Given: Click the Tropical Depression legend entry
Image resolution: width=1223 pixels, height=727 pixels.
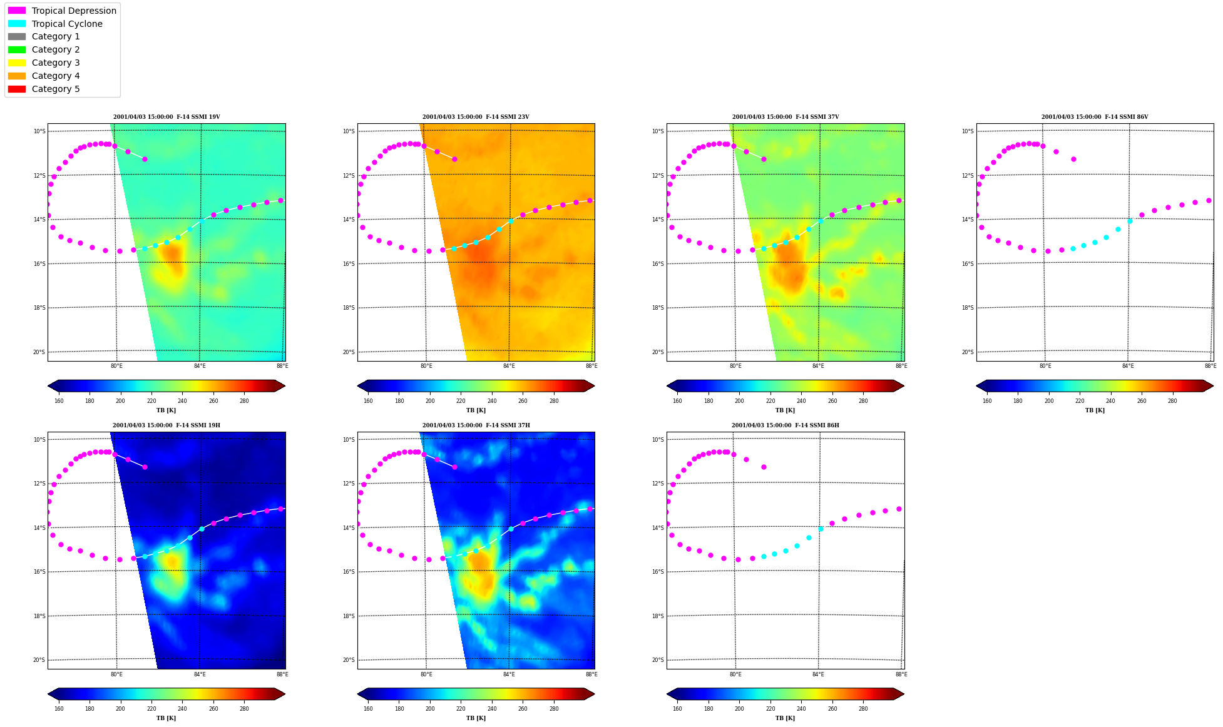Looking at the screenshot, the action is [62, 11].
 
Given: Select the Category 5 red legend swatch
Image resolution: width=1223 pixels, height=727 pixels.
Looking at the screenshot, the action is [17, 89].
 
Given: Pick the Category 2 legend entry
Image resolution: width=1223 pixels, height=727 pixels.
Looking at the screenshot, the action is [44, 49].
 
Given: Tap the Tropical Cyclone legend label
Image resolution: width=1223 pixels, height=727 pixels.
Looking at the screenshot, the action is [67, 24].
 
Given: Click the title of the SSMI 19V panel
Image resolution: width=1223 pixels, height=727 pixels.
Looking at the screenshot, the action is [166, 117].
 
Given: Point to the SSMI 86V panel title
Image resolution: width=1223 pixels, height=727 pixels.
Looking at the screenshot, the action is [1095, 117].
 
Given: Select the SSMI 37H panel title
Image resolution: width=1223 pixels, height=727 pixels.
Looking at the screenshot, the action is [476, 425].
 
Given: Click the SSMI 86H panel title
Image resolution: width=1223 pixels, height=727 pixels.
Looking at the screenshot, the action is [785, 425].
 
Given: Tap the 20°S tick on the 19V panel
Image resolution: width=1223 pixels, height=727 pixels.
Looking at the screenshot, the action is [39, 352].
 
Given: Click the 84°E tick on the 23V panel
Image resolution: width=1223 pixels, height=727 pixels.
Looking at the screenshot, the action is [509, 366].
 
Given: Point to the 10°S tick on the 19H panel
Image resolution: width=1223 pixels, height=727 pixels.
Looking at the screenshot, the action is [39, 440].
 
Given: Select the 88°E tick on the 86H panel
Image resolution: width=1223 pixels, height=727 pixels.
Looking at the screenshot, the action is [901, 674].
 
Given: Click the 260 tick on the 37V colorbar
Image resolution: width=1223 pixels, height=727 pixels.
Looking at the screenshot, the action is [832, 401].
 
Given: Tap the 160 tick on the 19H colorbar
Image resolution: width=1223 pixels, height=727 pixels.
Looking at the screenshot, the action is [59, 709].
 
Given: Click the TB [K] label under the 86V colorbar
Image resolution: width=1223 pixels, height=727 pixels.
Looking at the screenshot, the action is [1095, 410].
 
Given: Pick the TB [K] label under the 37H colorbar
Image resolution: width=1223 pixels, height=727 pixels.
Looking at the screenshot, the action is [476, 718].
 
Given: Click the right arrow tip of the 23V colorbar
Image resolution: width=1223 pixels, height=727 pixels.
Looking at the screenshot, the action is [595, 386].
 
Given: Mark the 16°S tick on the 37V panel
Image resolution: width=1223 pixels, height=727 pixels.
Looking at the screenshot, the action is [658, 264].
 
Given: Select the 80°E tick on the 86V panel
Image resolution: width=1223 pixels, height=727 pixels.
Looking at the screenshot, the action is [1045, 366].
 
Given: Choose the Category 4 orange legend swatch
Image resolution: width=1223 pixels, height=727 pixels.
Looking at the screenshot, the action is [17, 76].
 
